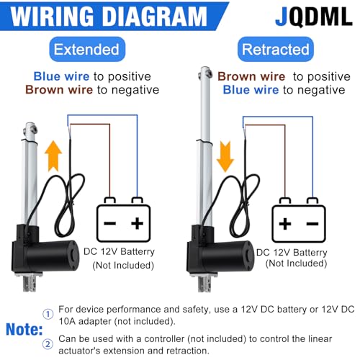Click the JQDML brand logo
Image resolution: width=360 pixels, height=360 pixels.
click(x=314, y=17)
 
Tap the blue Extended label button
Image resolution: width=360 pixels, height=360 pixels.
click(x=87, y=49)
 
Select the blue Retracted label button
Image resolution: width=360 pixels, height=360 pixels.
click(x=276, y=49)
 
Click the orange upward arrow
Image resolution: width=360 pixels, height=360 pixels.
click(x=53, y=156)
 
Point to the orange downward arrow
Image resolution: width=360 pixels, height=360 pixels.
click(x=225, y=156)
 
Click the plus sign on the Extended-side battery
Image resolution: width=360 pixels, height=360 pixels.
click(x=138, y=223)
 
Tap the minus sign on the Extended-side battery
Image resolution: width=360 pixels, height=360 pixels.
click(x=110, y=223)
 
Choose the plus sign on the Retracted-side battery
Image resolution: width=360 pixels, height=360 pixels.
click(x=285, y=224)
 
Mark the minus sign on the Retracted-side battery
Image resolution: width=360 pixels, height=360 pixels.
click(x=312, y=224)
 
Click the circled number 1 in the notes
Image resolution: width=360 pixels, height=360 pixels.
click(x=48, y=314)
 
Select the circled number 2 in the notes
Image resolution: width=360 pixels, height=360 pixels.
click(x=48, y=344)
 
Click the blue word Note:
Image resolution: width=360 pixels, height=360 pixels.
click(x=24, y=329)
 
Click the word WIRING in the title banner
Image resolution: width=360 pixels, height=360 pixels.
click(x=52, y=16)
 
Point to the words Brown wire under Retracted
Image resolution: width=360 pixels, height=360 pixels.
click(x=251, y=77)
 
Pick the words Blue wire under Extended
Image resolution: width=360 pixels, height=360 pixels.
click(x=61, y=76)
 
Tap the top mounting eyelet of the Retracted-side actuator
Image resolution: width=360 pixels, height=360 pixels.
click(x=205, y=73)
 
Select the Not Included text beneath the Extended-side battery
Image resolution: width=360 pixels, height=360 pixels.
click(x=123, y=266)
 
